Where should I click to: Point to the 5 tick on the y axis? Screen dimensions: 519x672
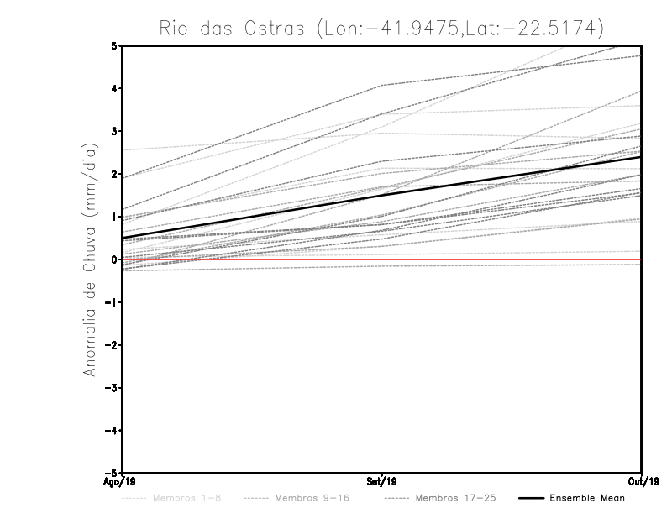click(x=113, y=45)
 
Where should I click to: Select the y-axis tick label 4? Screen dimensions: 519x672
click(x=113, y=88)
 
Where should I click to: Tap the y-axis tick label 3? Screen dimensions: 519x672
click(x=113, y=131)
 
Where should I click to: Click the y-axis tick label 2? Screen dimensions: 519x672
click(x=113, y=174)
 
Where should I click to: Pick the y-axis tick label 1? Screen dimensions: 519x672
click(x=113, y=217)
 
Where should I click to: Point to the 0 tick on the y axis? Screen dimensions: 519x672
click(x=113, y=259)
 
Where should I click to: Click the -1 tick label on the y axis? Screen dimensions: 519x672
click(x=111, y=302)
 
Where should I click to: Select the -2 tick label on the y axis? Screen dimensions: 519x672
click(x=111, y=345)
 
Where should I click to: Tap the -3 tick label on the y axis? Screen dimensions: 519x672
click(x=111, y=388)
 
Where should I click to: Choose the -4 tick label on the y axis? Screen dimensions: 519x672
click(x=111, y=431)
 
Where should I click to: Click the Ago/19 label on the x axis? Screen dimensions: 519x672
click(x=121, y=483)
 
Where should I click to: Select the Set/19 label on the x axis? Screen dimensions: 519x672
click(x=381, y=483)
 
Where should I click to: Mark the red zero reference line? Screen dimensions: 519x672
click(x=504, y=259)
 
